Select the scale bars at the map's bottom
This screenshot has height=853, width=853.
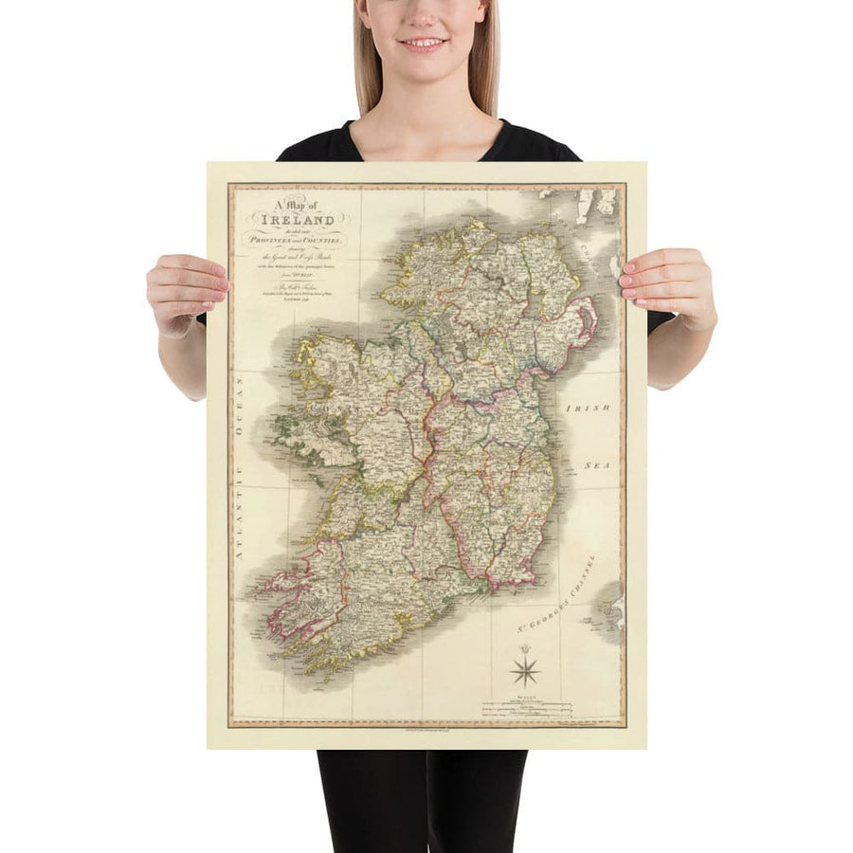[527, 706]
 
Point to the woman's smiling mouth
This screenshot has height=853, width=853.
[423, 43]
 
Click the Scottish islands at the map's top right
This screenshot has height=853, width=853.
[588, 204]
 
